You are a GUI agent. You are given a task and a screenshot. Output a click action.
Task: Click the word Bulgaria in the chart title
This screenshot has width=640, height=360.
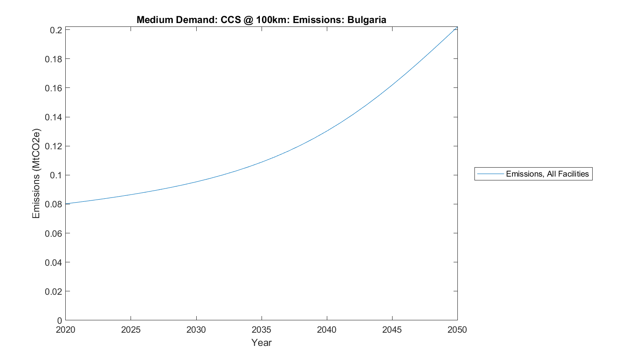click(x=367, y=20)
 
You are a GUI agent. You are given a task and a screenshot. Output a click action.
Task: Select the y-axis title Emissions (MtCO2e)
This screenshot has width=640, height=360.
click(x=36, y=173)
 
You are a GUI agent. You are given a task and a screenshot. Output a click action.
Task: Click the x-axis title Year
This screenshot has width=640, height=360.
click(x=261, y=343)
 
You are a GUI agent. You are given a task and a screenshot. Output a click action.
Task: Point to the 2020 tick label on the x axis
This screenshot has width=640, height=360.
click(x=65, y=330)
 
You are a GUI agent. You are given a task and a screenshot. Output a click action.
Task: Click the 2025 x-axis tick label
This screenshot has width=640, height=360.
click(x=131, y=330)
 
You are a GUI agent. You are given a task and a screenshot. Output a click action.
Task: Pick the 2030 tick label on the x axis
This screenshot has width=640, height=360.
click(x=196, y=330)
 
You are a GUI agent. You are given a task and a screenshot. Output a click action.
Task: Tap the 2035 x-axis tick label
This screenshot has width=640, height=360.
click(x=261, y=330)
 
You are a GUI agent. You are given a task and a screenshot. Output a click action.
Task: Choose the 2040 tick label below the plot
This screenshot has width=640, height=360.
click(x=326, y=330)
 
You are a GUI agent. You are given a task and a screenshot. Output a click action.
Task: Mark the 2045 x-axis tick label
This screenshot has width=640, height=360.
click(x=392, y=330)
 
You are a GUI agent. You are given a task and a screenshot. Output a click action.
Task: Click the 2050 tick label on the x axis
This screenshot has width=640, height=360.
click(x=457, y=330)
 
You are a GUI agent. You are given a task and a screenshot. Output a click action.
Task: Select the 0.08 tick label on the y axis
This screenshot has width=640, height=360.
click(x=54, y=204)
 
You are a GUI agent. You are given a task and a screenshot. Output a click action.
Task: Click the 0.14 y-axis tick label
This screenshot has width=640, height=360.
click(x=54, y=117)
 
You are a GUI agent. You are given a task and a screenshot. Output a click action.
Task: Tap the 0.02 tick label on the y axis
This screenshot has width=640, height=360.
click(x=54, y=291)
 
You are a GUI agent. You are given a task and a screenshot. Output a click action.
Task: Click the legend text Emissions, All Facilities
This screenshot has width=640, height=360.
click(x=547, y=174)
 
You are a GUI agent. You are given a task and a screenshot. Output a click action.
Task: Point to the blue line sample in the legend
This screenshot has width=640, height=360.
click(x=490, y=174)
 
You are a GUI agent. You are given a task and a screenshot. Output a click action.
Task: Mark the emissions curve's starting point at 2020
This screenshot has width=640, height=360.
click(x=66, y=203)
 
